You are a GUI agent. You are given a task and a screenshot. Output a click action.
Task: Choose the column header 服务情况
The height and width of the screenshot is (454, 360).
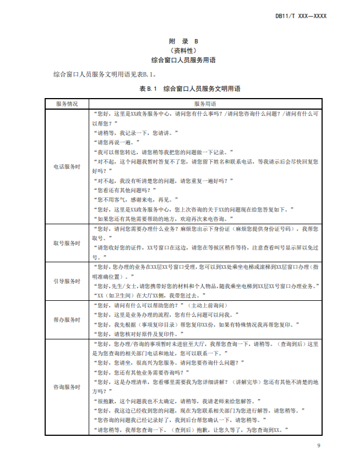[67, 104]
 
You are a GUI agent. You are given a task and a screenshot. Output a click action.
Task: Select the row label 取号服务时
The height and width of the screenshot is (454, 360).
[67, 242]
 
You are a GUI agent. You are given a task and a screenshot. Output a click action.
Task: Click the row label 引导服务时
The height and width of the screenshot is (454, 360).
[67, 281]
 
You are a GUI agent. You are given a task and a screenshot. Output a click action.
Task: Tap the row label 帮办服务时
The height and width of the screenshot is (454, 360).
[67, 320]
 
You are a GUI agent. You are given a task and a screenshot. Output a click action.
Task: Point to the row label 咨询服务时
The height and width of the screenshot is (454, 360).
[67, 387]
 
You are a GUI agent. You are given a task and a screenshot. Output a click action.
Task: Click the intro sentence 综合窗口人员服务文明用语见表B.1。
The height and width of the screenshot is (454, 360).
[105, 74]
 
